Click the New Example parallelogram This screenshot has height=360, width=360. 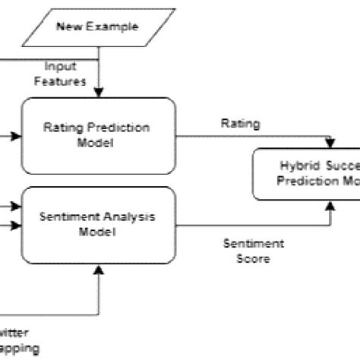coord(98,27)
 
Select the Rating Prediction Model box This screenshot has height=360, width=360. coord(98,135)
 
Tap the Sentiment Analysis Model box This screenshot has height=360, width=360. coord(98,224)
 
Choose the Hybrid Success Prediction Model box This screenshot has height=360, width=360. coord(307,174)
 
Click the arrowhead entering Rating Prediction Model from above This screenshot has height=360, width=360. coord(98,93)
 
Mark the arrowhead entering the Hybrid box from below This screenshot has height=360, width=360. coord(330,204)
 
